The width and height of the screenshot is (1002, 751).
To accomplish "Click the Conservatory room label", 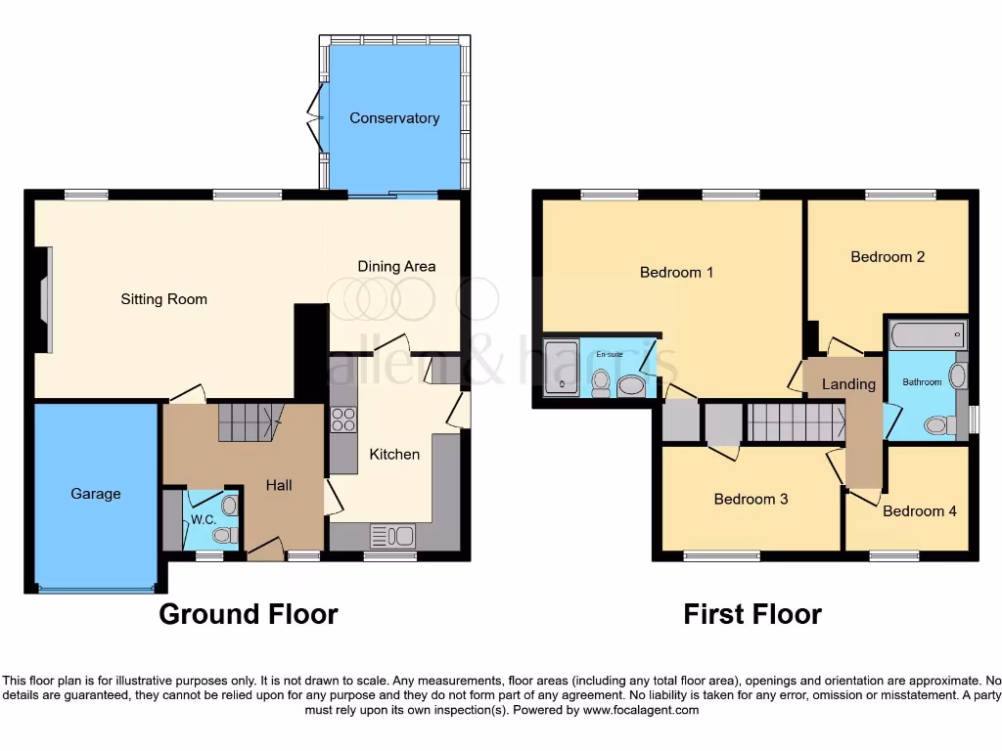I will coord(394,118).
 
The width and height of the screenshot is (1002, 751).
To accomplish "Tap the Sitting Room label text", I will coord(163,299).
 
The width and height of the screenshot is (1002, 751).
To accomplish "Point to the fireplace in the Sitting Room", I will coord(44,298).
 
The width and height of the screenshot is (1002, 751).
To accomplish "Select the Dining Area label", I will coord(396,266).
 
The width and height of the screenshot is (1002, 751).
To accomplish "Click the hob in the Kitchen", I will coord(343,420).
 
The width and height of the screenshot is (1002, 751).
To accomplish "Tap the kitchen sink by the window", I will coord(391,535).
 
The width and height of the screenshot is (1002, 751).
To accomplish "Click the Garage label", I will coord(96,494).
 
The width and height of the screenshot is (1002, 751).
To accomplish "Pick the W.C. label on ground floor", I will coord(204,519).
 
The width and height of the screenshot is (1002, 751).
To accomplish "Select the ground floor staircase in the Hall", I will coord(249,421).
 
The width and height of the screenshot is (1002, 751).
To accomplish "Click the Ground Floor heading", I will coord(249,614).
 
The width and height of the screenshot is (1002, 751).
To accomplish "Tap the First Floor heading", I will coord(751,614).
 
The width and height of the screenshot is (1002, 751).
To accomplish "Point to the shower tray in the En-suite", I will coord(561,368).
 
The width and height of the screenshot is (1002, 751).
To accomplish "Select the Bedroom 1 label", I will coord(676,272).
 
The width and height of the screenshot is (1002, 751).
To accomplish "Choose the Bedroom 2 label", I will coord(888,257).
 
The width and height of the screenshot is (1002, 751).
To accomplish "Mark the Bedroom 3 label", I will coord(751,500).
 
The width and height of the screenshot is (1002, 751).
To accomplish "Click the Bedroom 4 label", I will coord(920,510).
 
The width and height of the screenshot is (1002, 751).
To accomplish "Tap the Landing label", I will coord(848,384).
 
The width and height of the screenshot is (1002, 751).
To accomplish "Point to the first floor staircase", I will coord(795,423).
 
